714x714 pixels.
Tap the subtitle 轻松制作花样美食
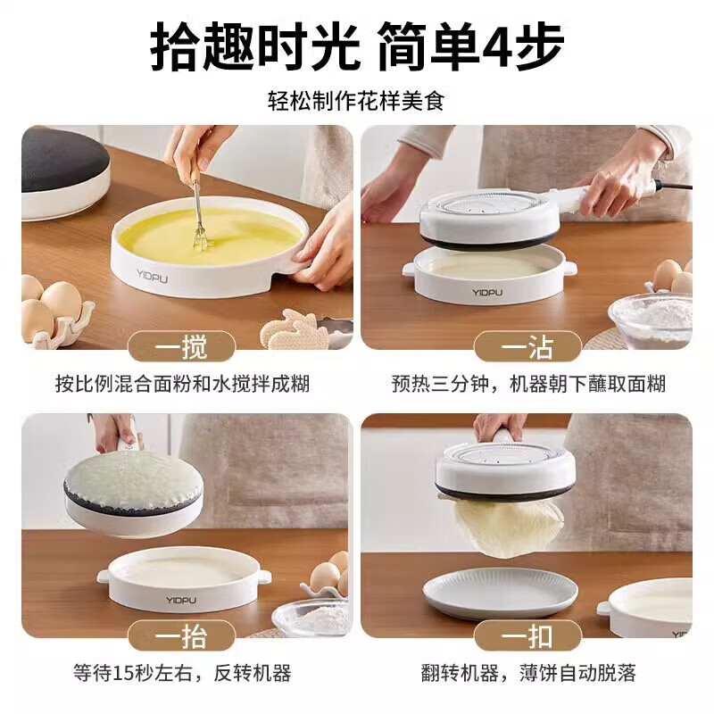tap(356, 100)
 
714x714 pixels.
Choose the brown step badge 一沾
tap(527, 346)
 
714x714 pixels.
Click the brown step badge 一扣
tap(527, 635)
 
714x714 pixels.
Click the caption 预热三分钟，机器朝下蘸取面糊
tap(528, 385)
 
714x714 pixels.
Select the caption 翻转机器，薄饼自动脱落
tap(528, 672)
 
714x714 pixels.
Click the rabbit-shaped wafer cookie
tap(291, 329)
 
